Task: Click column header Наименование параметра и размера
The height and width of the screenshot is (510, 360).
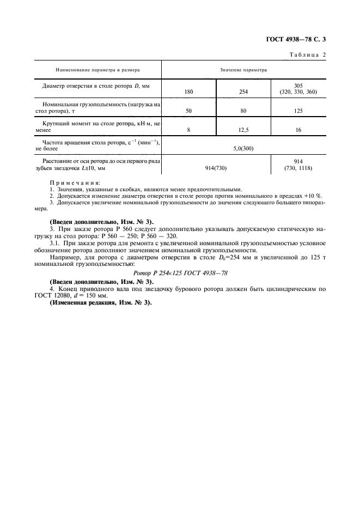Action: pyautogui.click(x=97, y=70)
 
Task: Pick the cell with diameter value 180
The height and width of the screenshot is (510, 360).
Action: pyautogui.click(x=188, y=92)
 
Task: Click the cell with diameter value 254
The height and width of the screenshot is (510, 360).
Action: pyautogui.click(x=243, y=92)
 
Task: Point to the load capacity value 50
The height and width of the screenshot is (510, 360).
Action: pyautogui.click(x=188, y=111)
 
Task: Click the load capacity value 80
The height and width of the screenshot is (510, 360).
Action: pyautogui.click(x=243, y=111)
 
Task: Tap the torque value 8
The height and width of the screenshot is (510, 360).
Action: pyautogui.click(x=188, y=130)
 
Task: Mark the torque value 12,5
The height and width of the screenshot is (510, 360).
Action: pyautogui.click(x=243, y=130)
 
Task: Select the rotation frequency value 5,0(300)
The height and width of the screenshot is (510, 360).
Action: pyautogui.click(x=243, y=147)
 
